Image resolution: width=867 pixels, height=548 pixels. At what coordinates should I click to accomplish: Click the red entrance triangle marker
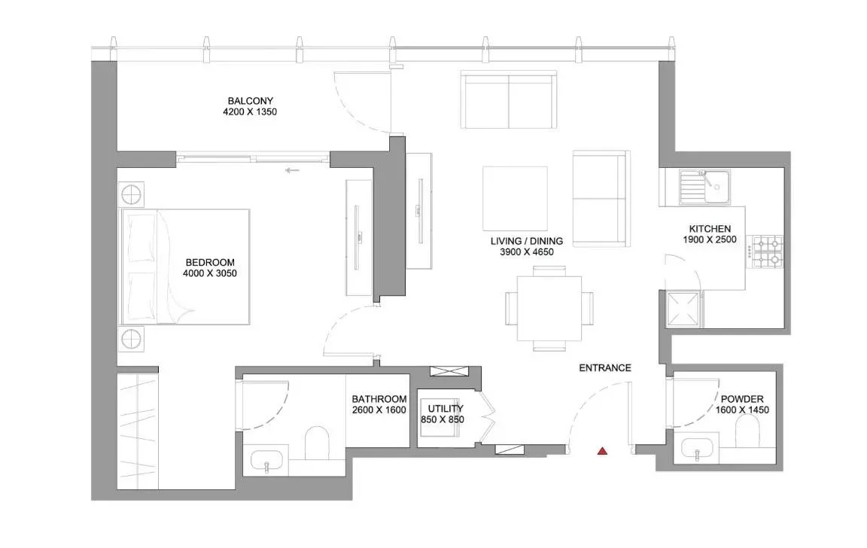tap(602, 451)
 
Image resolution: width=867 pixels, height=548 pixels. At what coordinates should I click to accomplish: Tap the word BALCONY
tap(251, 101)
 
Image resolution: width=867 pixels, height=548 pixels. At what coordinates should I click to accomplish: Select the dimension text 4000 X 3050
tap(210, 274)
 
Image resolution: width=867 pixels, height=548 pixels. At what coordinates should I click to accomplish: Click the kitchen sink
tap(704, 187)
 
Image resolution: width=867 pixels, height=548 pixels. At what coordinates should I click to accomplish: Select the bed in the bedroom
tap(185, 266)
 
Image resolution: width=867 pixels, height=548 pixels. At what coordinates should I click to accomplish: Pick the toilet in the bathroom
tap(317, 443)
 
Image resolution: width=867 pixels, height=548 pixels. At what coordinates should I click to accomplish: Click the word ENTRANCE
tap(604, 368)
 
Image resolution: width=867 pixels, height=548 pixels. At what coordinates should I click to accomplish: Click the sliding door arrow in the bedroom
tap(293, 171)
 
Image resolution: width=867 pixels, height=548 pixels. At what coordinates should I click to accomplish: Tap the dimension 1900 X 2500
tap(710, 240)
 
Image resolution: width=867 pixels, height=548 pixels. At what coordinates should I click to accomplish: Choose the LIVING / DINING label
tap(526, 241)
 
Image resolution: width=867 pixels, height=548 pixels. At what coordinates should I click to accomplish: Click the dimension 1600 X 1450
tap(742, 410)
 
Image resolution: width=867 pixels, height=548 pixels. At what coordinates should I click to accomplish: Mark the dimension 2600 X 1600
tap(379, 410)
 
